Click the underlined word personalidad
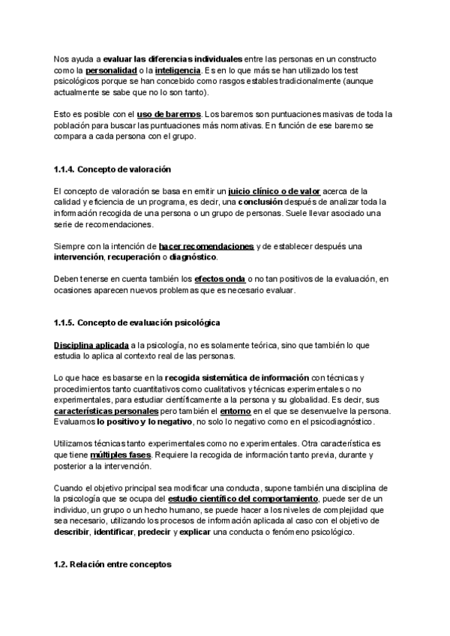101,70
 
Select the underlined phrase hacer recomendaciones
206,246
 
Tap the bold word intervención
78,257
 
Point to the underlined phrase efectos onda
220,280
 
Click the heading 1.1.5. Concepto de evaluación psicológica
136,322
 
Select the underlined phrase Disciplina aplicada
86,344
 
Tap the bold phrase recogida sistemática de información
236,378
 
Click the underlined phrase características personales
106,412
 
